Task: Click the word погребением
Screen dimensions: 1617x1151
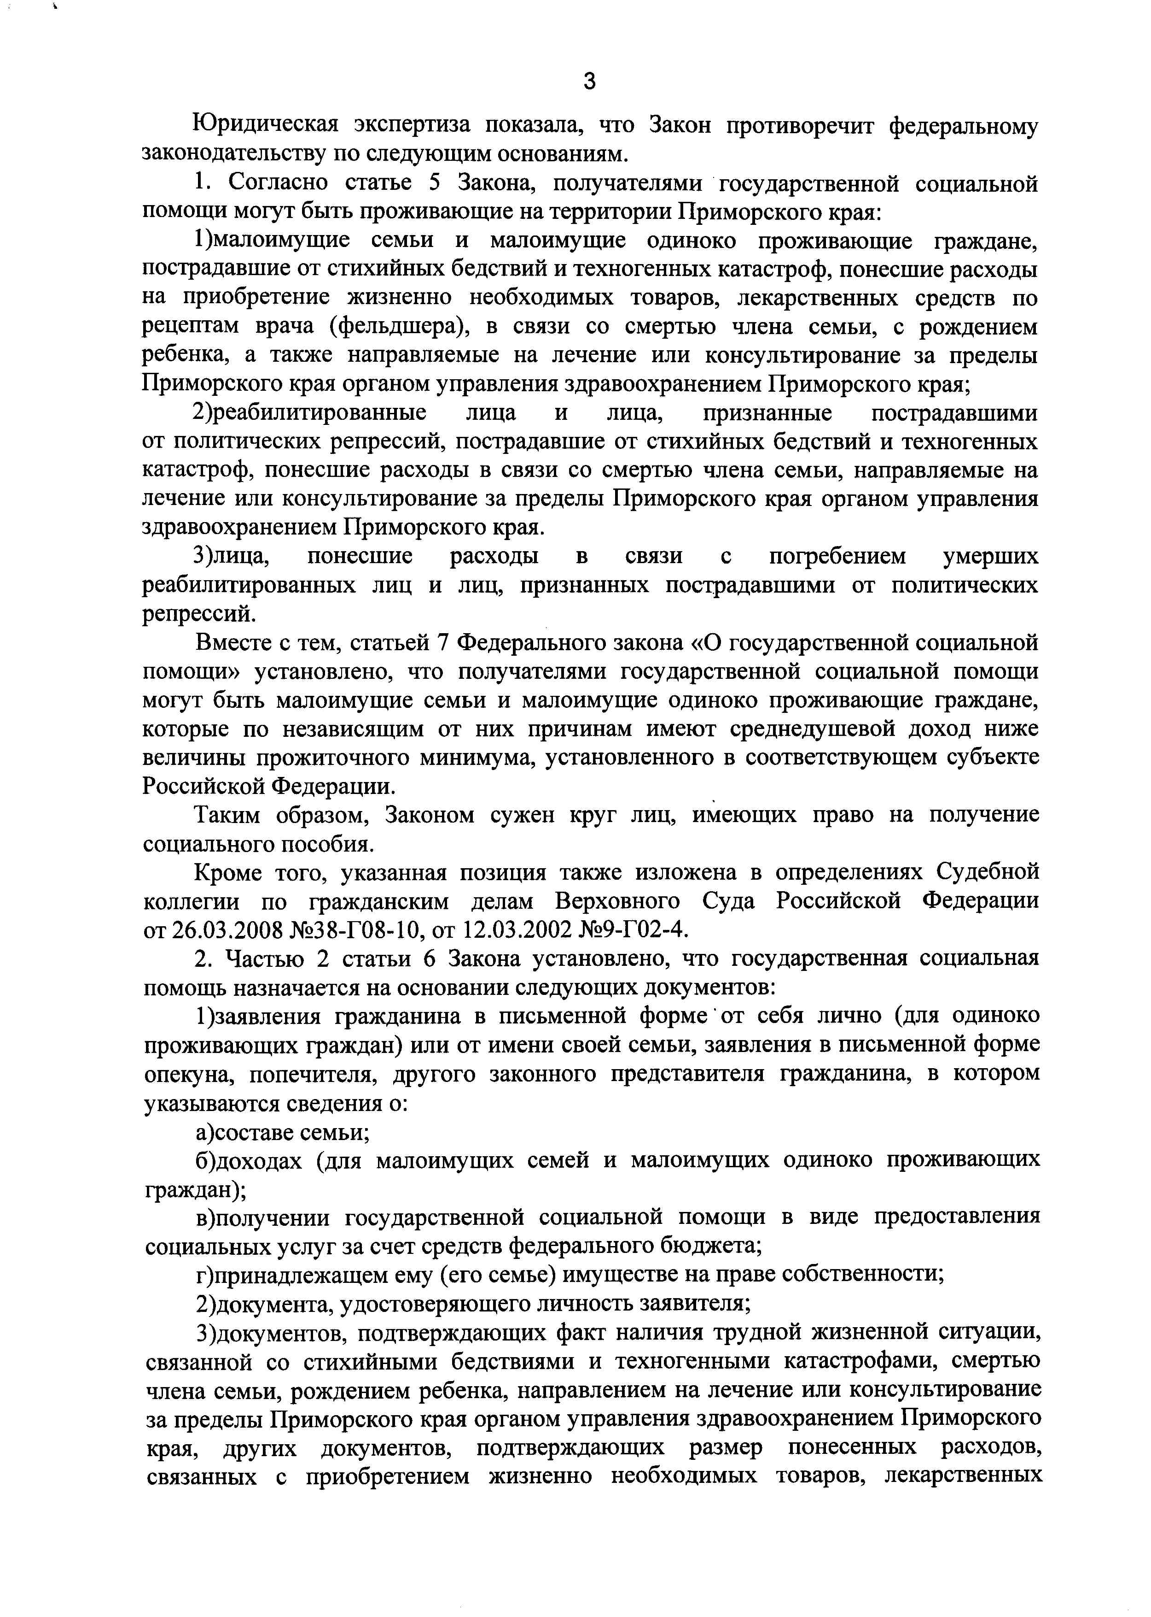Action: tap(837, 556)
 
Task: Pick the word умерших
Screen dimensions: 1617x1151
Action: tap(990, 556)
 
